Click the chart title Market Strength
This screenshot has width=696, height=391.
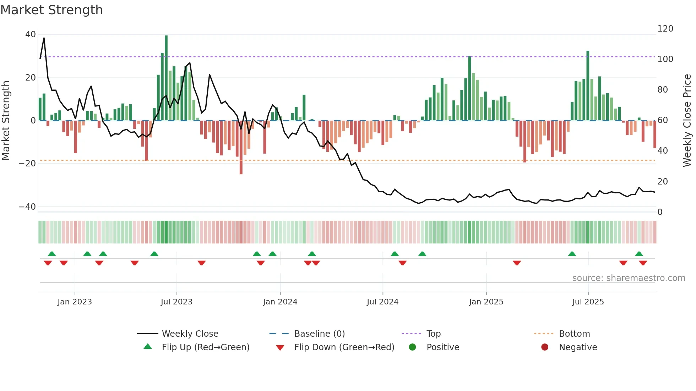coord(51,10)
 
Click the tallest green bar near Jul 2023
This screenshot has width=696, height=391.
coord(166,78)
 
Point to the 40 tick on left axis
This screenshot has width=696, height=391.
coord(31,34)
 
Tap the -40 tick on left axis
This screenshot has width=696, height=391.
coord(27,206)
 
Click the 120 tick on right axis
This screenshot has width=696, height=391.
coord(665,29)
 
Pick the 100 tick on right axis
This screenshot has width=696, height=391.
coord(665,59)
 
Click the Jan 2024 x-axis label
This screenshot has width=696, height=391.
coord(280,302)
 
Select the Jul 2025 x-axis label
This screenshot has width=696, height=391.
coord(588,302)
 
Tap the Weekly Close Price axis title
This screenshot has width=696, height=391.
coord(687,120)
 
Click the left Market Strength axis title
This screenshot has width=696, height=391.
coord(6,120)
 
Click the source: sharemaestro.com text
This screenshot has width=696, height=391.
coord(629,278)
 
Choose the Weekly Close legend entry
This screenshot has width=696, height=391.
coord(190,334)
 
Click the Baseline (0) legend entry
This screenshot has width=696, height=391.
coord(319,334)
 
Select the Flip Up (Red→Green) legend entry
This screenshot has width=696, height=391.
coord(205,347)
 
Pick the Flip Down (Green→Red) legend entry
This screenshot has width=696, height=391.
coord(344,347)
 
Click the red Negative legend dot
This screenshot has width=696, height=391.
coord(545,347)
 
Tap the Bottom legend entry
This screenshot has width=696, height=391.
coord(574,334)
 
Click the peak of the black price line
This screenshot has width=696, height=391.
coord(44,38)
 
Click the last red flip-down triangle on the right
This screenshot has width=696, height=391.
coord(643,263)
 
